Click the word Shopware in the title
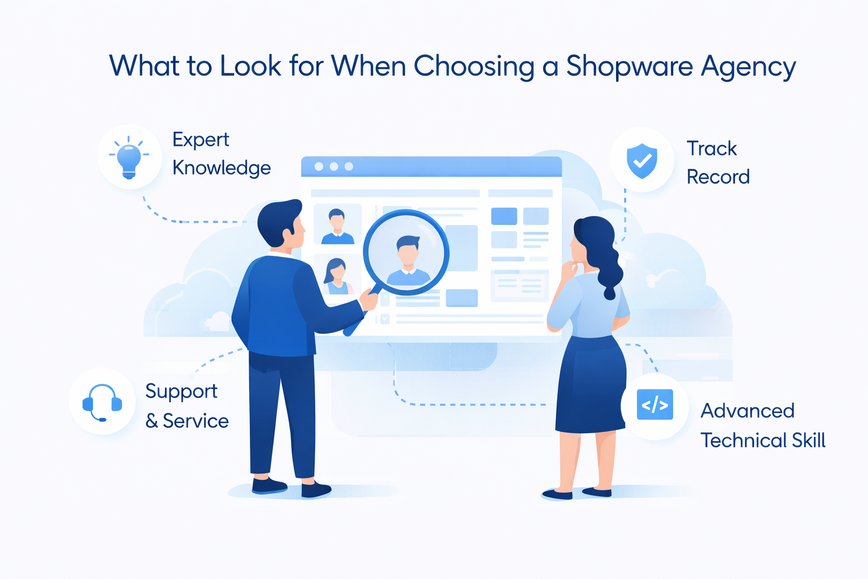pyautogui.click(x=630, y=67)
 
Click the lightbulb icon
pyautogui.click(x=129, y=157)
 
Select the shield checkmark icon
pyautogui.click(x=642, y=161)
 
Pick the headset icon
pyautogui.click(x=102, y=402)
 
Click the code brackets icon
pyautogui.click(x=654, y=405)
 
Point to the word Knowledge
pyautogui.click(x=222, y=168)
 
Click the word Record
pyautogui.click(x=718, y=177)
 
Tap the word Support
pyautogui.click(x=181, y=391)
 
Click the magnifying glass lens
pyautogui.click(x=406, y=252)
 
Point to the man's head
pyautogui.click(x=280, y=223)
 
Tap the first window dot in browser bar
pyautogui.click(x=319, y=167)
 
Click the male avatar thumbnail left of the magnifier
pyautogui.click(x=337, y=225)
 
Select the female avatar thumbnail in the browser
pyautogui.click(x=337, y=275)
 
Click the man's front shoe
pyautogui.click(x=316, y=489)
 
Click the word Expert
pyautogui.click(x=201, y=140)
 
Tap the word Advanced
pyautogui.click(x=747, y=411)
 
